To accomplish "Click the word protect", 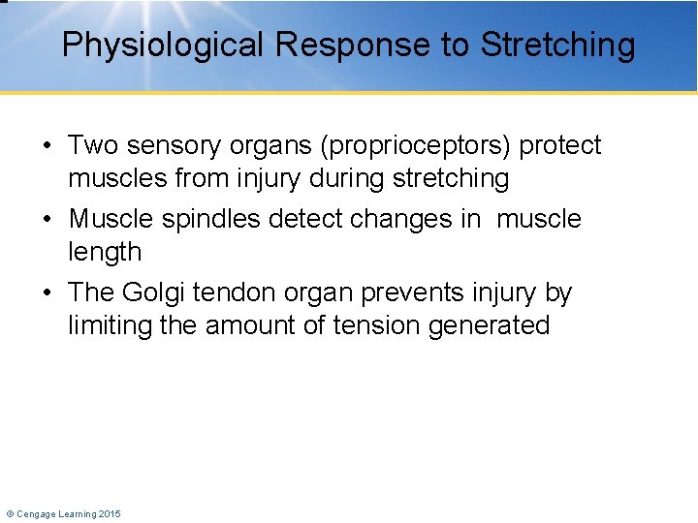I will point(560,146).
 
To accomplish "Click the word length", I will point(104,253).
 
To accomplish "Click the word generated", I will point(497,325).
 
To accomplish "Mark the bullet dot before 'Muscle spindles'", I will point(48,220).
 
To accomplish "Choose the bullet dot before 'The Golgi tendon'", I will point(48,293).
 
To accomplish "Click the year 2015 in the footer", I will point(109,513).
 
